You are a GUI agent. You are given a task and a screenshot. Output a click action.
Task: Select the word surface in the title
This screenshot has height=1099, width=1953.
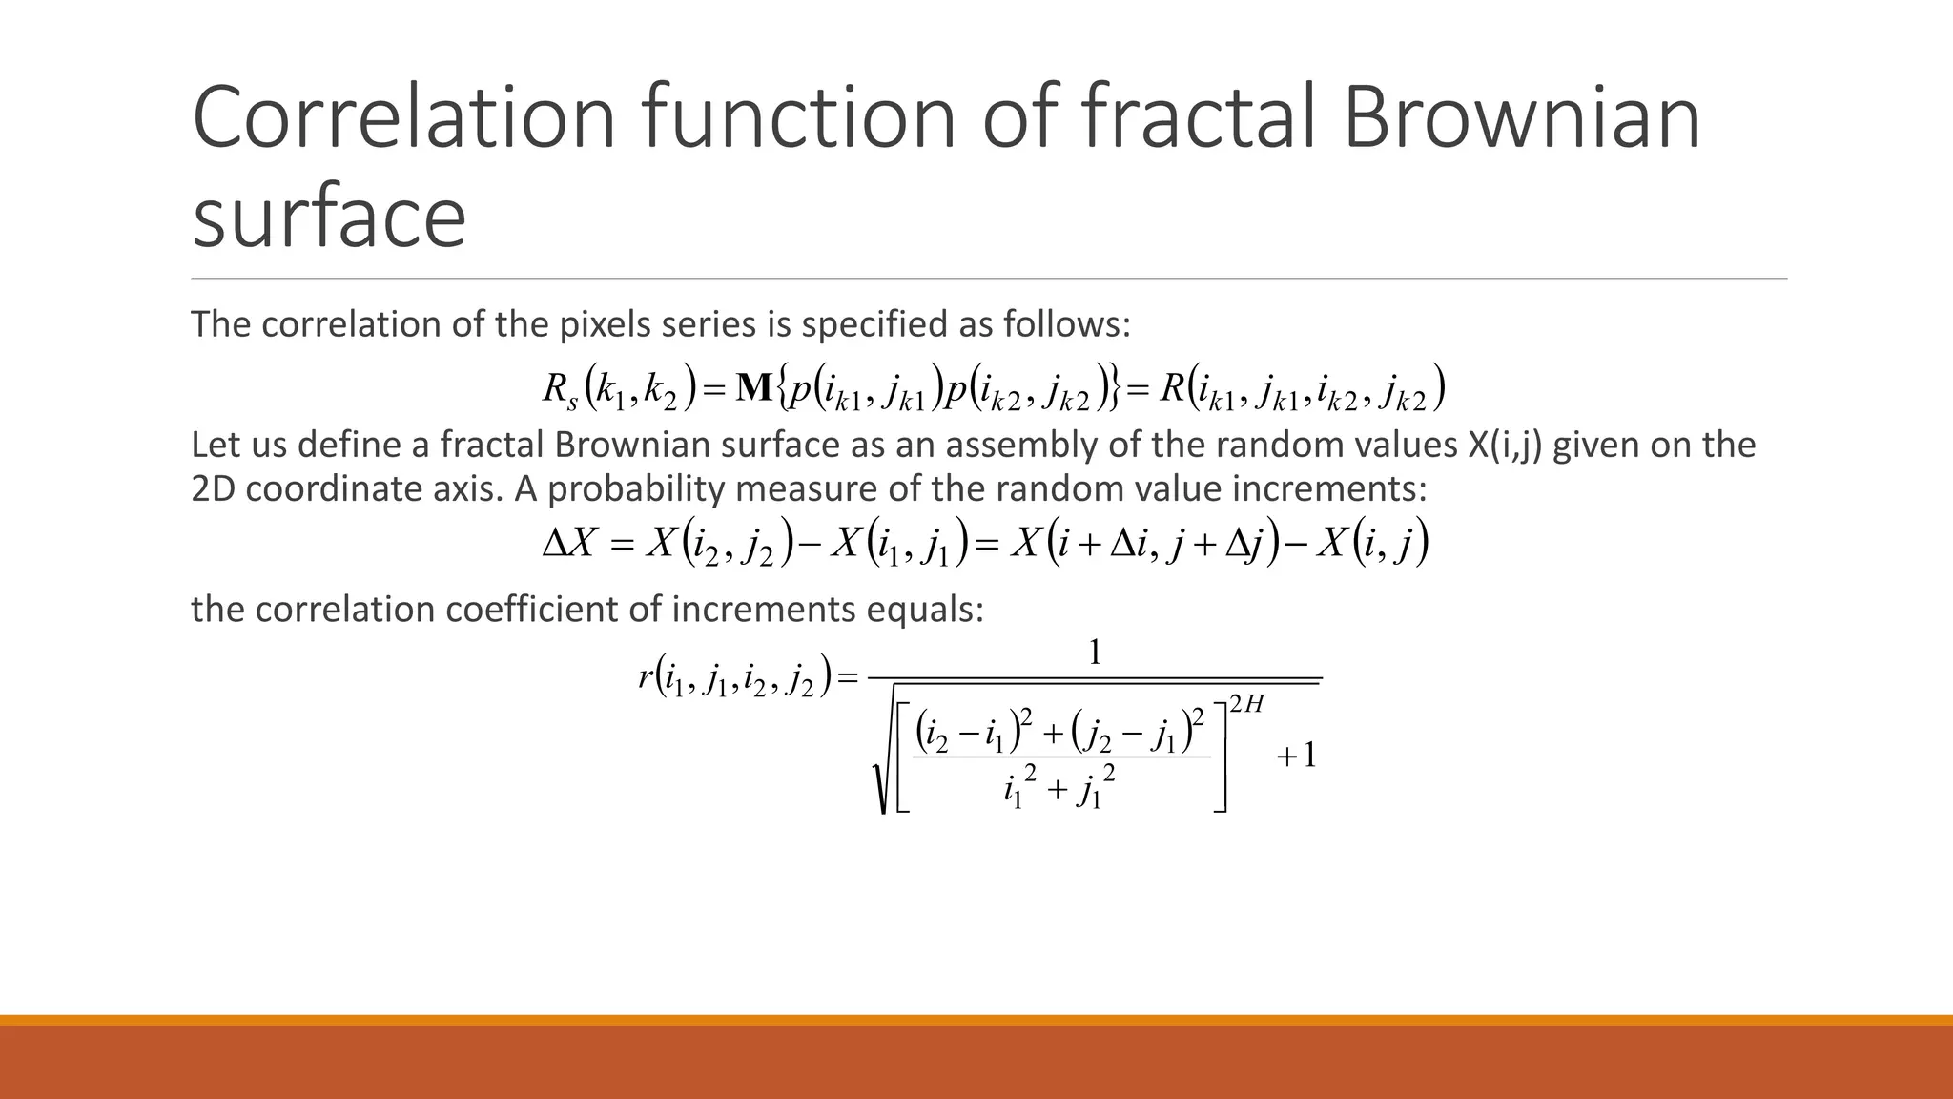pos(329,217)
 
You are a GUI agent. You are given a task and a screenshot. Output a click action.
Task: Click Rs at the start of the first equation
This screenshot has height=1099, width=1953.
pos(560,389)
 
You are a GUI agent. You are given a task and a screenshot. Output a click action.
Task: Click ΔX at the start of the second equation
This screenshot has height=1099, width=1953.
pos(568,544)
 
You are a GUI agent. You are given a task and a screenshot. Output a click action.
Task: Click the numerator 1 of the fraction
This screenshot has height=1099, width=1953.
pos(1095,653)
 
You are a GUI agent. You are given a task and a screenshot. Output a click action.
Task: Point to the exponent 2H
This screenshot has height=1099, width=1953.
pos(1246,705)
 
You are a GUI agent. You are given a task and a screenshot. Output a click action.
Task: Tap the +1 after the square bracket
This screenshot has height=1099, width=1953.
pos(1296,756)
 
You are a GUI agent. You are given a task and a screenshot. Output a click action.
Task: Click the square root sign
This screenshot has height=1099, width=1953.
pos(882,763)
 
